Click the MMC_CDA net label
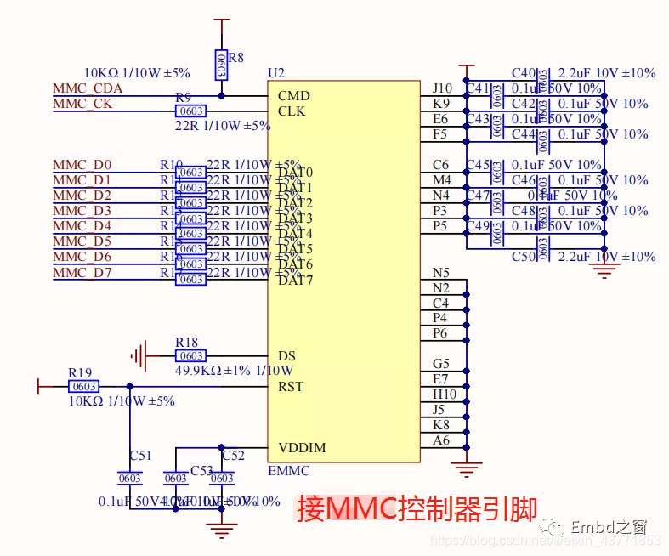click(88, 88)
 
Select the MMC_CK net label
click(82, 104)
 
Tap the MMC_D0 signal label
click(82, 165)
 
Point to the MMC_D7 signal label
click(82, 272)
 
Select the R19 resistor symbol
click(84, 387)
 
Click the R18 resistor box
click(190, 356)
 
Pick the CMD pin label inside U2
click(294, 96)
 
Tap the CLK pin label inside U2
click(292, 111)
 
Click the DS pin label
click(286, 356)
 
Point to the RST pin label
click(290, 387)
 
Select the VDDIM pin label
click(301, 448)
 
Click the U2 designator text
click(275, 73)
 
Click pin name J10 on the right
click(442, 88)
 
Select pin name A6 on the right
click(441, 440)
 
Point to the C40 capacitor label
click(524, 73)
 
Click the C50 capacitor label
click(524, 257)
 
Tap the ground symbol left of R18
click(139, 355)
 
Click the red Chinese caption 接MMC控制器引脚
click(417, 508)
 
